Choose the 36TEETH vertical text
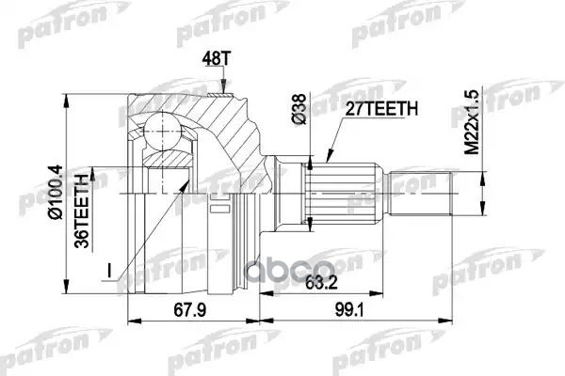pyautogui.click(x=83, y=207)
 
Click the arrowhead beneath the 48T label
pyautogui.click(x=222, y=90)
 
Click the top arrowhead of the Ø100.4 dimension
pyautogui.click(x=68, y=97)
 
